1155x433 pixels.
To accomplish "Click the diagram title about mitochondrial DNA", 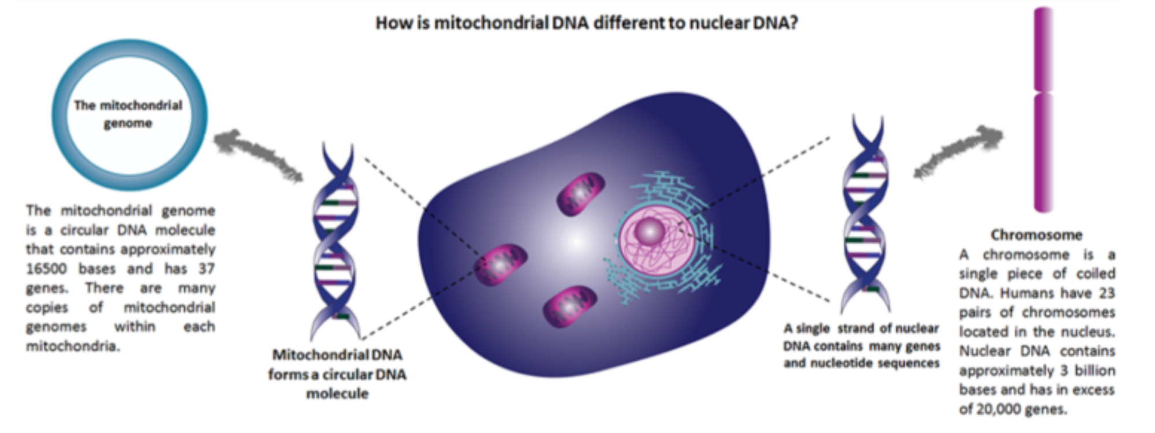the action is pyautogui.click(x=587, y=23).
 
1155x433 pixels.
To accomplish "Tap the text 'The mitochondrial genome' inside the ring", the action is pyautogui.click(x=128, y=114).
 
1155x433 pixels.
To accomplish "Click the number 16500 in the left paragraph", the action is pyautogui.click(x=47, y=269).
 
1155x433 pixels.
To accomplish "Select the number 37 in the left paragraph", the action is pyautogui.click(x=206, y=269).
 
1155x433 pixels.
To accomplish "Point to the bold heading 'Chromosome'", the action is pyautogui.click(x=1037, y=235).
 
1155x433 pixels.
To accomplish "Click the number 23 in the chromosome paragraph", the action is pyautogui.click(x=1106, y=293).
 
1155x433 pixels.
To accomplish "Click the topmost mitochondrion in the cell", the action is pyautogui.click(x=580, y=195).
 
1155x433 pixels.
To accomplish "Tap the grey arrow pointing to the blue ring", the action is pyautogui.click(x=258, y=155).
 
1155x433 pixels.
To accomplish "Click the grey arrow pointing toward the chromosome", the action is pyautogui.click(x=959, y=151).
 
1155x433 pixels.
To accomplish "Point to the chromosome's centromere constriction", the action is pyautogui.click(x=1043, y=92).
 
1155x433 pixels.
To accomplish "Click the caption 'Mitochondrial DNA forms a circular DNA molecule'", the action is pyautogui.click(x=337, y=374).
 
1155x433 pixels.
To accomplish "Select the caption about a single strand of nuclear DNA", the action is pyautogui.click(x=862, y=346).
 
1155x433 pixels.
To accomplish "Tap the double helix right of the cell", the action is pyautogui.click(x=865, y=213).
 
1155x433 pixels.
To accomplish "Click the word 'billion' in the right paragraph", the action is pyautogui.click(x=1095, y=371).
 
